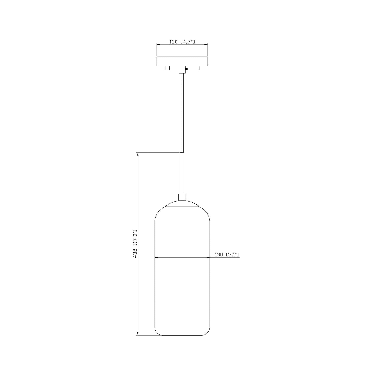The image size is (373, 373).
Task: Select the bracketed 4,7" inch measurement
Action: (x=188, y=42)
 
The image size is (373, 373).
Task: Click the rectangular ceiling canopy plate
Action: (x=182, y=61)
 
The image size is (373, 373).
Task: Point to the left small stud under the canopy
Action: (x=167, y=68)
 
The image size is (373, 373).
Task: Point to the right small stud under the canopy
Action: (x=197, y=68)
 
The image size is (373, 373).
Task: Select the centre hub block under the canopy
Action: (x=182, y=69)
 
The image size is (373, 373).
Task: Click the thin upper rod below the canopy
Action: (x=182, y=111)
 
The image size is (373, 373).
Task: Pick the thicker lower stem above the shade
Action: (x=182, y=173)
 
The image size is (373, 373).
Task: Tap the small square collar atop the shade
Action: (x=182, y=197)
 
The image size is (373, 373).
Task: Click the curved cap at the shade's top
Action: (x=182, y=204)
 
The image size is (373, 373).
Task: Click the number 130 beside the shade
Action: (x=219, y=255)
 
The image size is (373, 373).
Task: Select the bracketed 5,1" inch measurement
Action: (x=233, y=255)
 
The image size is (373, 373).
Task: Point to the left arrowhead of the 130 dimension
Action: (x=156, y=257)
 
